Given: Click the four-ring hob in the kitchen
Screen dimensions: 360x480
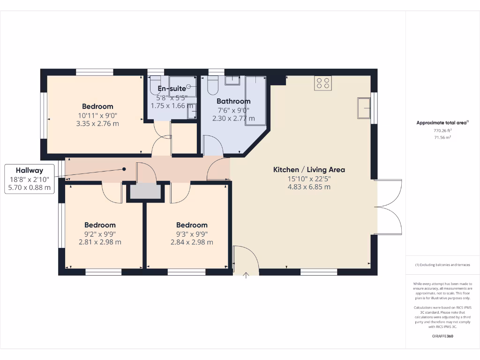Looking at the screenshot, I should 323,82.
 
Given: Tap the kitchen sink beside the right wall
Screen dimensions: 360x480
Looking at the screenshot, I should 364,108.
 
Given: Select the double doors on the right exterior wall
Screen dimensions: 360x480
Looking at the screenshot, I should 390,207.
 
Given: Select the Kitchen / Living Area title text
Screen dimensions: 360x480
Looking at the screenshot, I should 309,170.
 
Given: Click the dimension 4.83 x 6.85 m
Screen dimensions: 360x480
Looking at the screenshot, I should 309,187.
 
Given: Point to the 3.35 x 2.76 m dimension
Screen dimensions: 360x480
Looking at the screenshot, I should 97,124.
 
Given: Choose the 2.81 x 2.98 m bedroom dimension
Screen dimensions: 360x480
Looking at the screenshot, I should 100,242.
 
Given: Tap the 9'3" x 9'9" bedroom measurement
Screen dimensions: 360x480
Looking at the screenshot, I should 192,234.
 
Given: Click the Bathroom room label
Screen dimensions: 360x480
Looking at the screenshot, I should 233,101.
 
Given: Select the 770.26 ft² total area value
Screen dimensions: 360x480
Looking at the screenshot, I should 442,131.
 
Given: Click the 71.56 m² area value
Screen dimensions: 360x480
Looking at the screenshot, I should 442,137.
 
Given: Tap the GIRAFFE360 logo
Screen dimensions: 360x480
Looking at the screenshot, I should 442,336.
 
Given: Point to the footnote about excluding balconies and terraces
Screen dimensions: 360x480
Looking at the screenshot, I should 442,265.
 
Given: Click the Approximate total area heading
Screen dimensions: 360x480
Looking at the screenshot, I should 442,123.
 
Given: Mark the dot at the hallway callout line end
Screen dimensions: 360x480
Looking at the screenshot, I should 124,169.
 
